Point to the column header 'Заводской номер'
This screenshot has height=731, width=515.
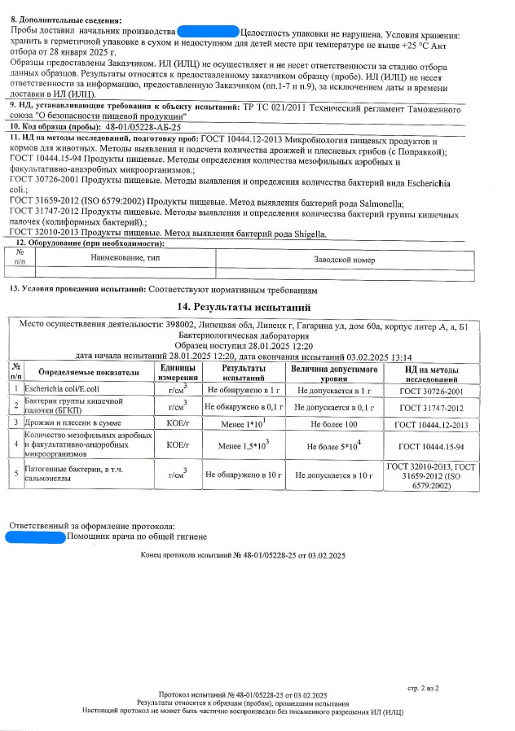[x=345, y=258]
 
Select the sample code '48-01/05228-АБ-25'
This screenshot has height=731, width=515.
[x=143, y=128]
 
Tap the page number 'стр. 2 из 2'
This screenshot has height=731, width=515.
[x=423, y=689]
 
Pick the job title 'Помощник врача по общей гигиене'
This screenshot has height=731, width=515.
[x=137, y=537]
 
